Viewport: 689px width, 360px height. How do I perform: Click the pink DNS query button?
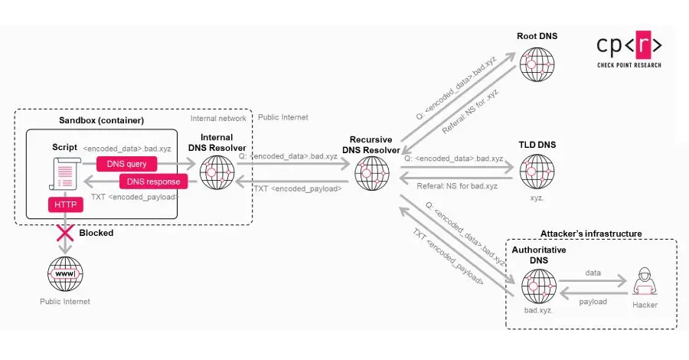(x=127, y=163)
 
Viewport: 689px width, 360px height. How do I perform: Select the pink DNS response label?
(x=153, y=182)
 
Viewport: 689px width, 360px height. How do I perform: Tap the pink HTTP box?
(x=64, y=205)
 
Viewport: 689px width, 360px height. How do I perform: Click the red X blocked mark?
(x=64, y=233)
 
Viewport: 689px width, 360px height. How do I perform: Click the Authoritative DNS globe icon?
(x=539, y=289)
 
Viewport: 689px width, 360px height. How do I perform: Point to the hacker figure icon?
(x=645, y=283)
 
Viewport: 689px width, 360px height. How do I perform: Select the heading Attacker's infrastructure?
(x=591, y=233)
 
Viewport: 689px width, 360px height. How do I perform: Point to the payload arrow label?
(x=593, y=302)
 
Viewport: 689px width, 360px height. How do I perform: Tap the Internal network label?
(x=218, y=118)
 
